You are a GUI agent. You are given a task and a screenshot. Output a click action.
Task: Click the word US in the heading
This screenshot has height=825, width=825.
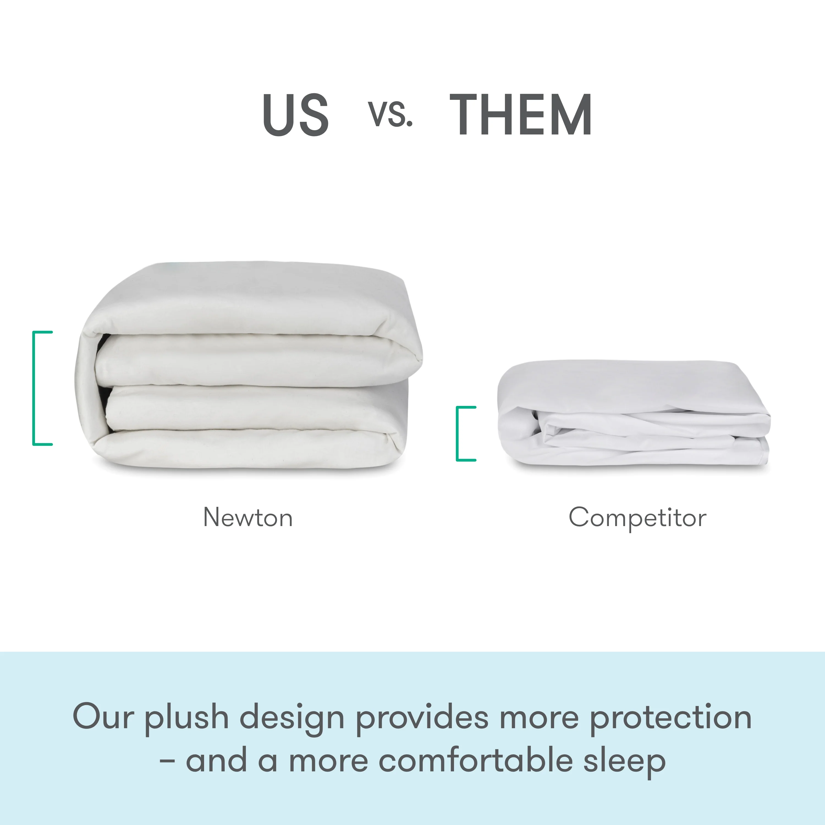click(296, 114)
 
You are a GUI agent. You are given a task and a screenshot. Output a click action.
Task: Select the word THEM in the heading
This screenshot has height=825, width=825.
click(521, 114)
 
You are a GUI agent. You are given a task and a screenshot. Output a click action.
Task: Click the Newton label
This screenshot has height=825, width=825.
click(248, 518)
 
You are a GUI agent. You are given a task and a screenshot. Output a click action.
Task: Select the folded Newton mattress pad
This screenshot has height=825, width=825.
click(248, 367)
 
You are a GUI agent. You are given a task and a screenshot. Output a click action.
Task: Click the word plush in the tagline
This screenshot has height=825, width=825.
click(187, 718)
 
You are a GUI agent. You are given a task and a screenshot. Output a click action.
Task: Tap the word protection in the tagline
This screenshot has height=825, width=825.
click(670, 718)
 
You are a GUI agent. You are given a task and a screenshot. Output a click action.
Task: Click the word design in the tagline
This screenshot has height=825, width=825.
click(292, 718)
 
